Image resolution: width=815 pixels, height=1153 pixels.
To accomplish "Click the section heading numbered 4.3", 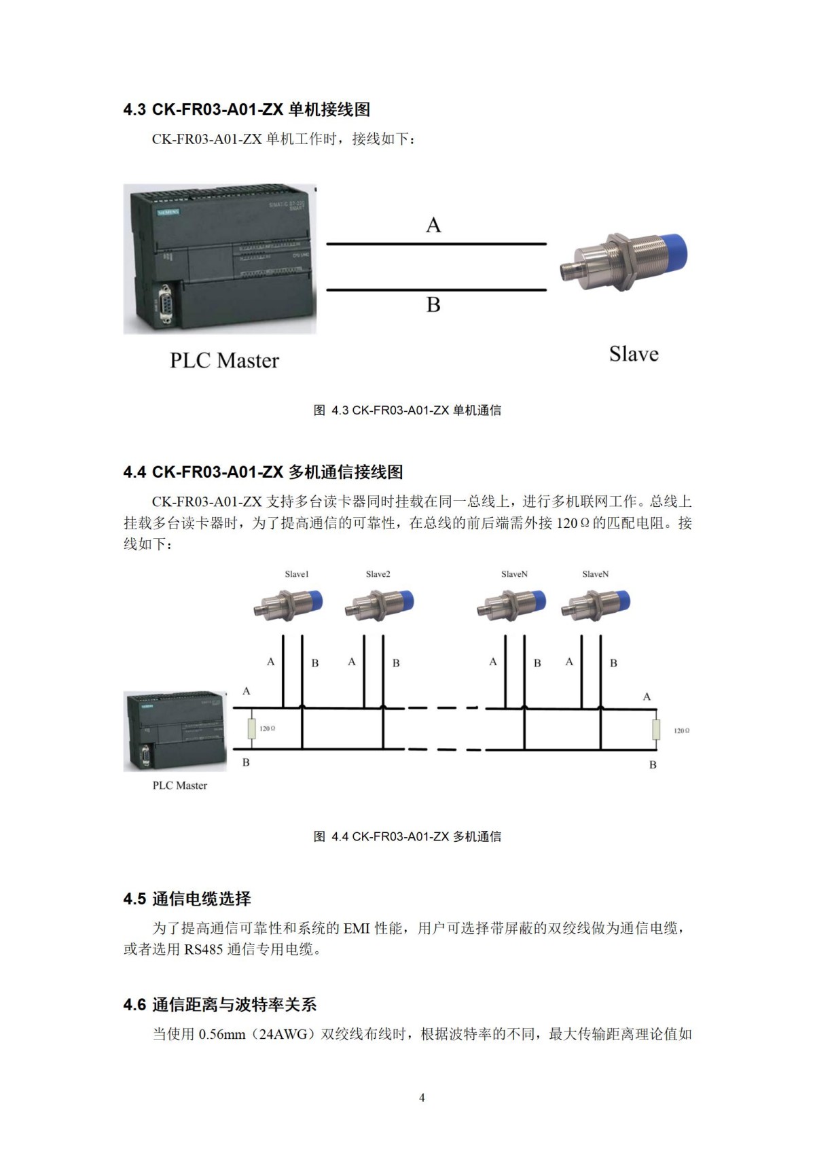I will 247,109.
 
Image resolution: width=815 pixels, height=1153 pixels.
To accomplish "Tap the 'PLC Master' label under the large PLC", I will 224,360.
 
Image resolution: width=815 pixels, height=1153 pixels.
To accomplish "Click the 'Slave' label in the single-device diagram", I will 634,354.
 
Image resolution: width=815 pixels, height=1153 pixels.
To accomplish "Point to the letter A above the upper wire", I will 433,225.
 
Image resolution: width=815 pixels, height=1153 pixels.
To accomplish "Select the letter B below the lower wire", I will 433,305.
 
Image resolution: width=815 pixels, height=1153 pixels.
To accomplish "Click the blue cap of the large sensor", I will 672,253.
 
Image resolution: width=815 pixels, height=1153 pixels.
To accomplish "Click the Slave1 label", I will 297,574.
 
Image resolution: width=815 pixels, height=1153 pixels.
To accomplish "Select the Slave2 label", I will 378,574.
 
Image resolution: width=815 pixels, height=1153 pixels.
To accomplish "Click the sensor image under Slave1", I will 288,604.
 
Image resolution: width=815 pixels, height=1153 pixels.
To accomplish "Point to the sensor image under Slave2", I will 379,604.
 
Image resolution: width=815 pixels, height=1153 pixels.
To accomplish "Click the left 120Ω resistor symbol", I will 252,728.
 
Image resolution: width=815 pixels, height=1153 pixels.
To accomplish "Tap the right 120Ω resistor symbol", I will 656,730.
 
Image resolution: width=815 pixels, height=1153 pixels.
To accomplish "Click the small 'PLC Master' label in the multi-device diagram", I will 180,785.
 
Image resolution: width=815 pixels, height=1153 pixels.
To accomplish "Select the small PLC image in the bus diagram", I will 175,731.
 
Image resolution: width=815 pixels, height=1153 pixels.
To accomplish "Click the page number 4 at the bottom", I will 422,1097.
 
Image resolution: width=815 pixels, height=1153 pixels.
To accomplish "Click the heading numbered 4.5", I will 187,898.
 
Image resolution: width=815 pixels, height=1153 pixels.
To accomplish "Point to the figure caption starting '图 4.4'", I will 407,836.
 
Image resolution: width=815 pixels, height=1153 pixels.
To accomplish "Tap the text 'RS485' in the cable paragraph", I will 203,949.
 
